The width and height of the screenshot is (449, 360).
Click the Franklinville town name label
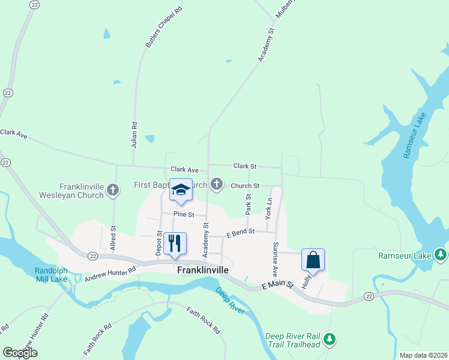pyautogui.click(x=203, y=270)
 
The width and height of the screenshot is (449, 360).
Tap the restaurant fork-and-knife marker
pyautogui.click(x=175, y=244)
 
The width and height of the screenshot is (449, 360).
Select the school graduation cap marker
pyautogui.click(x=181, y=190)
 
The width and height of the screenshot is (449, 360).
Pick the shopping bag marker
pyautogui.click(x=313, y=260)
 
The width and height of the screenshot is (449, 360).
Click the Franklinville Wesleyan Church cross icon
pyautogui.click(x=113, y=191)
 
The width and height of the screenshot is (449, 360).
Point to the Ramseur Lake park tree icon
pyautogui.click(x=441, y=256)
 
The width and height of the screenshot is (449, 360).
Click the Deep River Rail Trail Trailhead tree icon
pyautogui.click(x=329, y=340)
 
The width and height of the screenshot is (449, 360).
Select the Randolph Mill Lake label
pyautogui.click(x=51, y=274)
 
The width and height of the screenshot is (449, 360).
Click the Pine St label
pyautogui.click(x=184, y=214)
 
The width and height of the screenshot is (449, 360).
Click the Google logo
pyautogui.click(x=20, y=353)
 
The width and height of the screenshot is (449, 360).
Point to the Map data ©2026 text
pyautogui.click(x=423, y=355)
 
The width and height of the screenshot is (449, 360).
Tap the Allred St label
pyautogui.click(x=112, y=242)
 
